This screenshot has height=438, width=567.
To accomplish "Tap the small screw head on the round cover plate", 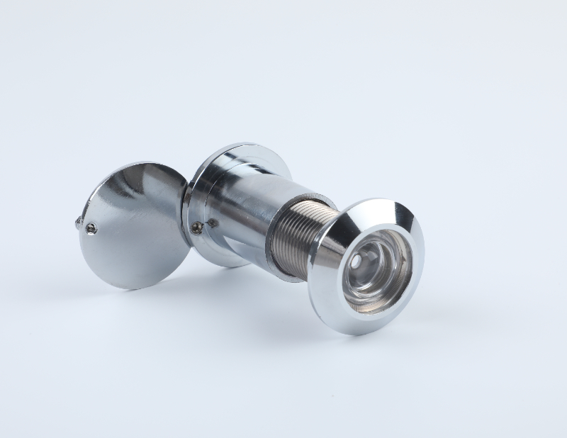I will point(91,228).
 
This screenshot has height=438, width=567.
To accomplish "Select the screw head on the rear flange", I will point(197,227).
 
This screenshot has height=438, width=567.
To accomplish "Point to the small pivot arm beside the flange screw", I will point(210,224).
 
